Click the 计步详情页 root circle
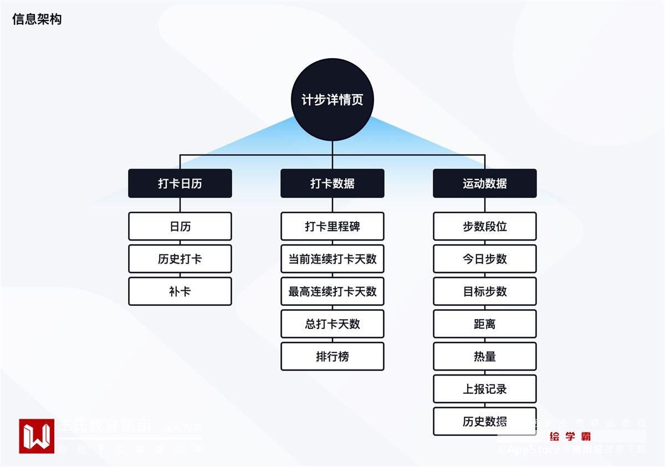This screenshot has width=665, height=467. click(332, 100)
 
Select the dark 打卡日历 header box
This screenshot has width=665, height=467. click(180, 183)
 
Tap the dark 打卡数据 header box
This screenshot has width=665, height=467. click(332, 183)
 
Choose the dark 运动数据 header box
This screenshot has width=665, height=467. click(485, 183)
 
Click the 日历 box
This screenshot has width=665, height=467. click(180, 226)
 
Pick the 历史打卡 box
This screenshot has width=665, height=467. click(180, 259)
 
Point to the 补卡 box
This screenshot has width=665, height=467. click(180, 291)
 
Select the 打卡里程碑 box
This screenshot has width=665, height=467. click(332, 226)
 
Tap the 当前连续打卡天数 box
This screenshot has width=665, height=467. click(332, 259)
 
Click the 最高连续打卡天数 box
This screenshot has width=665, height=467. click(332, 291)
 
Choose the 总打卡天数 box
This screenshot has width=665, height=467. click(332, 324)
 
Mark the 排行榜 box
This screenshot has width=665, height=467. click(332, 356)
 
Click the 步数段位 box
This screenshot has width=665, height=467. click(485, 226)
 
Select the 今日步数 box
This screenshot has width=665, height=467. click(485, 259)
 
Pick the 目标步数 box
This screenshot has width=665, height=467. click(485, 291)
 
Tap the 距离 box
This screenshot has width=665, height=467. click(485, 324)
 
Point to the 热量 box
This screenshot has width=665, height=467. click(485, 356)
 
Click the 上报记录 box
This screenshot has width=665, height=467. click(485, 389)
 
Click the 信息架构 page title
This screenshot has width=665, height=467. click(37, 19)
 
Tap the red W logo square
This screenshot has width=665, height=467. click(37, 436)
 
